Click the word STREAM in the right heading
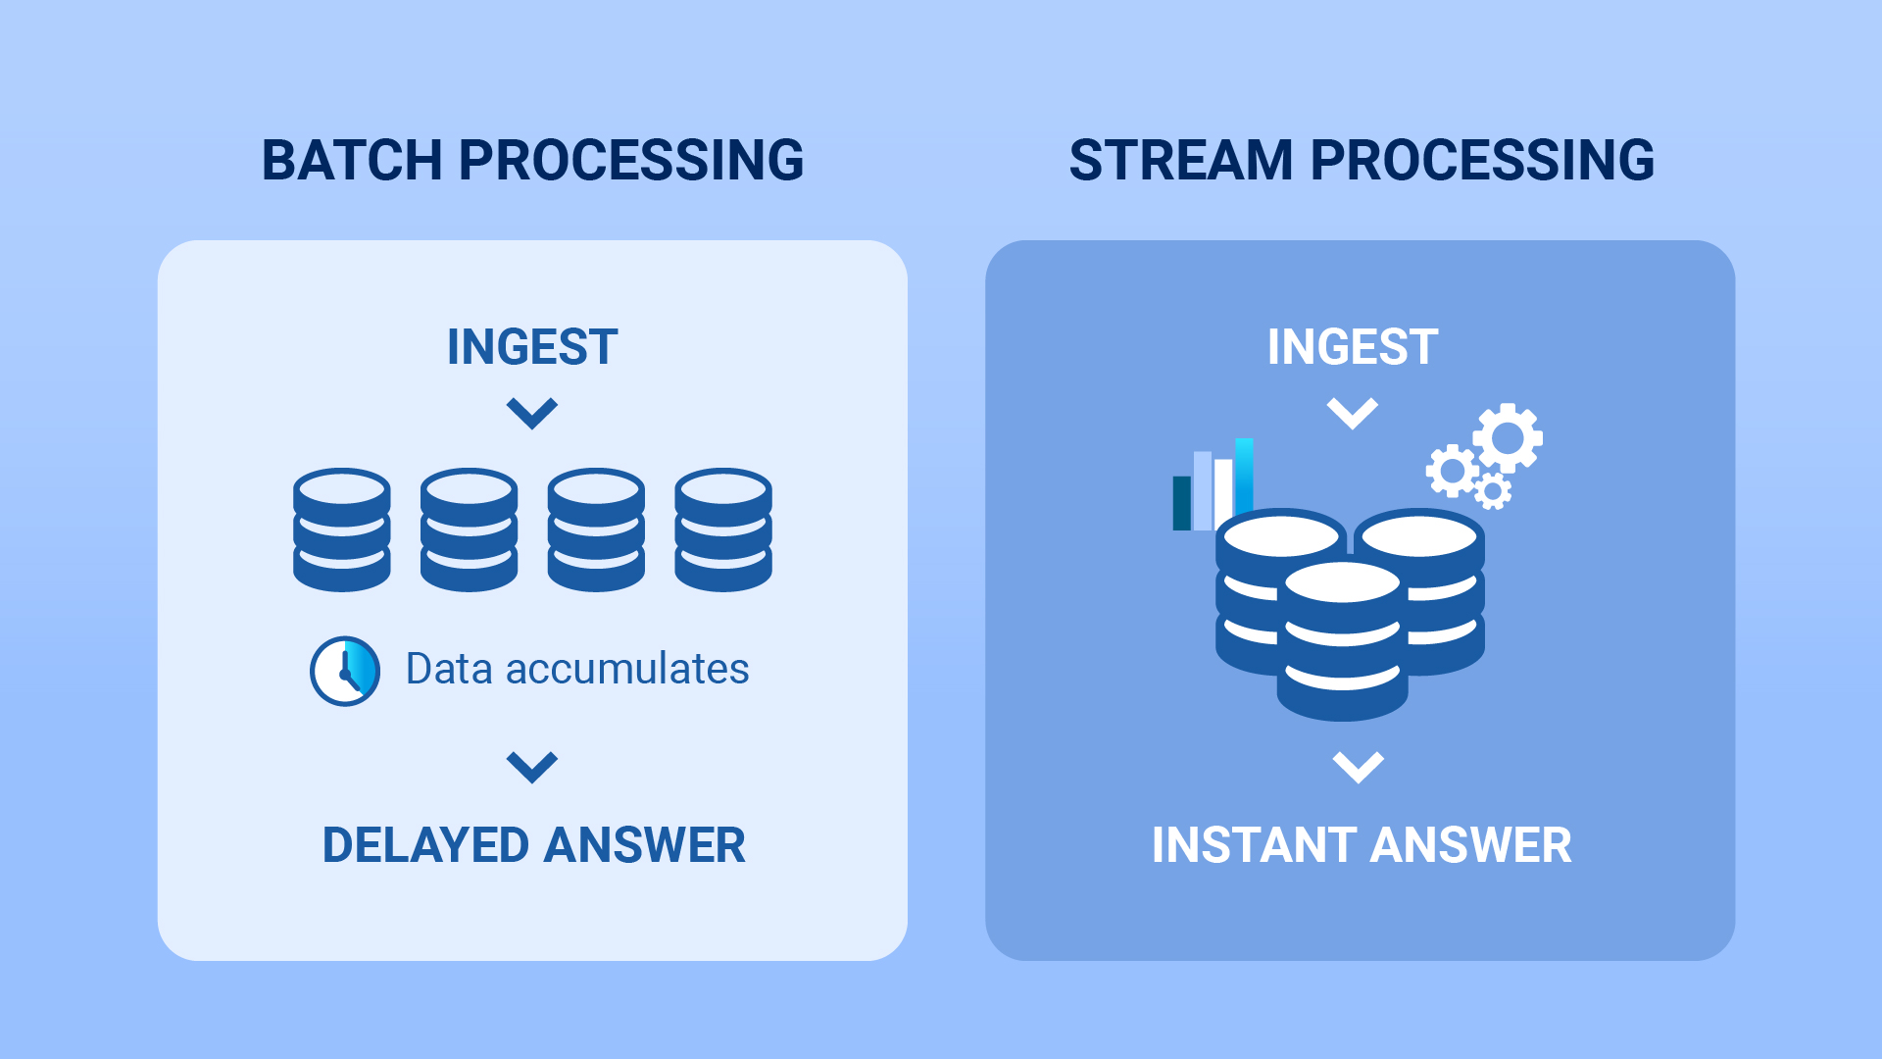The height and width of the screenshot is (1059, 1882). click(x=1180, y=160)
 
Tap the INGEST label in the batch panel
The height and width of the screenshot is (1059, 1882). click(x=532, y=347)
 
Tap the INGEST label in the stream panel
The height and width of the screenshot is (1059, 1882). click(x=1353, y=347)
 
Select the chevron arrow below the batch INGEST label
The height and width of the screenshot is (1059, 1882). click(x=532, y=413)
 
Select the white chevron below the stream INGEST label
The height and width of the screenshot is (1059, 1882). click(x=1353, y=413)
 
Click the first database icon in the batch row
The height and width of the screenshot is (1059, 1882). click(x=342, y=529)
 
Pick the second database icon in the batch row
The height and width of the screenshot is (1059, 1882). click(x=469, y=529)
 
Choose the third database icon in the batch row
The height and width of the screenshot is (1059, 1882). click(x=596, y=529)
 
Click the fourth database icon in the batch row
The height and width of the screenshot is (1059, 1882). click(x=723, y=529)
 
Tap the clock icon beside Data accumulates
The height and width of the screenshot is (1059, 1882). click(x=345, y=671)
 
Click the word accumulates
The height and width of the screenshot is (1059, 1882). click(x=627, y=669)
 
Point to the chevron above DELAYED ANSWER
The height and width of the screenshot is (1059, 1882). click(x=532, y=767)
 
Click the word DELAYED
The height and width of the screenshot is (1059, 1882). click(x=426, y=845)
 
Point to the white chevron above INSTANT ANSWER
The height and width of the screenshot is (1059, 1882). click(x=1359, y=767)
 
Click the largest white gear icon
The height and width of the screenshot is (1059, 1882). click(x=1508, y=437)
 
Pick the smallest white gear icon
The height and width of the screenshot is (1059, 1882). click(x=1493, y=490)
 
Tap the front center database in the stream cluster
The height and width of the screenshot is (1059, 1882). click(x=1343, y=642)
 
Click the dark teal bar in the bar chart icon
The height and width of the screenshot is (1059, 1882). click(x=1182, y=503)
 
